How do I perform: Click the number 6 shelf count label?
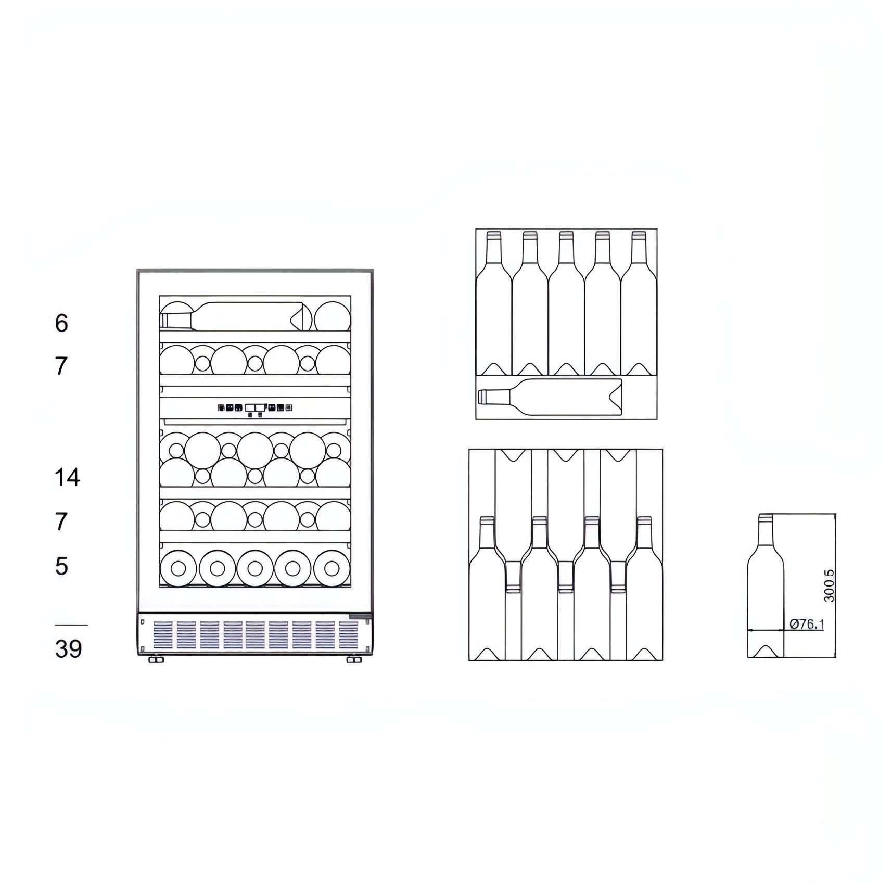(61, 323)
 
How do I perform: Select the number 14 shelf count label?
(67, 477)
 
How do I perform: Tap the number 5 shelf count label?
(61, 566)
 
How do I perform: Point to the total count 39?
(68, 649)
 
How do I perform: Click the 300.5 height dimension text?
(829, 586)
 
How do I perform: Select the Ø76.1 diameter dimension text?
(807, 624)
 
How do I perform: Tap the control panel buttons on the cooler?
(255, 409)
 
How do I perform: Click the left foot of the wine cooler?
(156, 660)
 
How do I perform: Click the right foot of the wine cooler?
(354, 660)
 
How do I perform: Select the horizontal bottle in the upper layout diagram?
(550, 397)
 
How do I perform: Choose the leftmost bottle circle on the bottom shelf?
(179, 568)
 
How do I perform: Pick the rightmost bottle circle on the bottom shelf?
(332, 568)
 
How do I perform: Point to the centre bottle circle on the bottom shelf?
(255, 568)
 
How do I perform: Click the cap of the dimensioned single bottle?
(765, 518)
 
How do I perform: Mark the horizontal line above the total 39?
(71, 625)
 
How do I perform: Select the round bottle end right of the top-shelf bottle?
(332, 316)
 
